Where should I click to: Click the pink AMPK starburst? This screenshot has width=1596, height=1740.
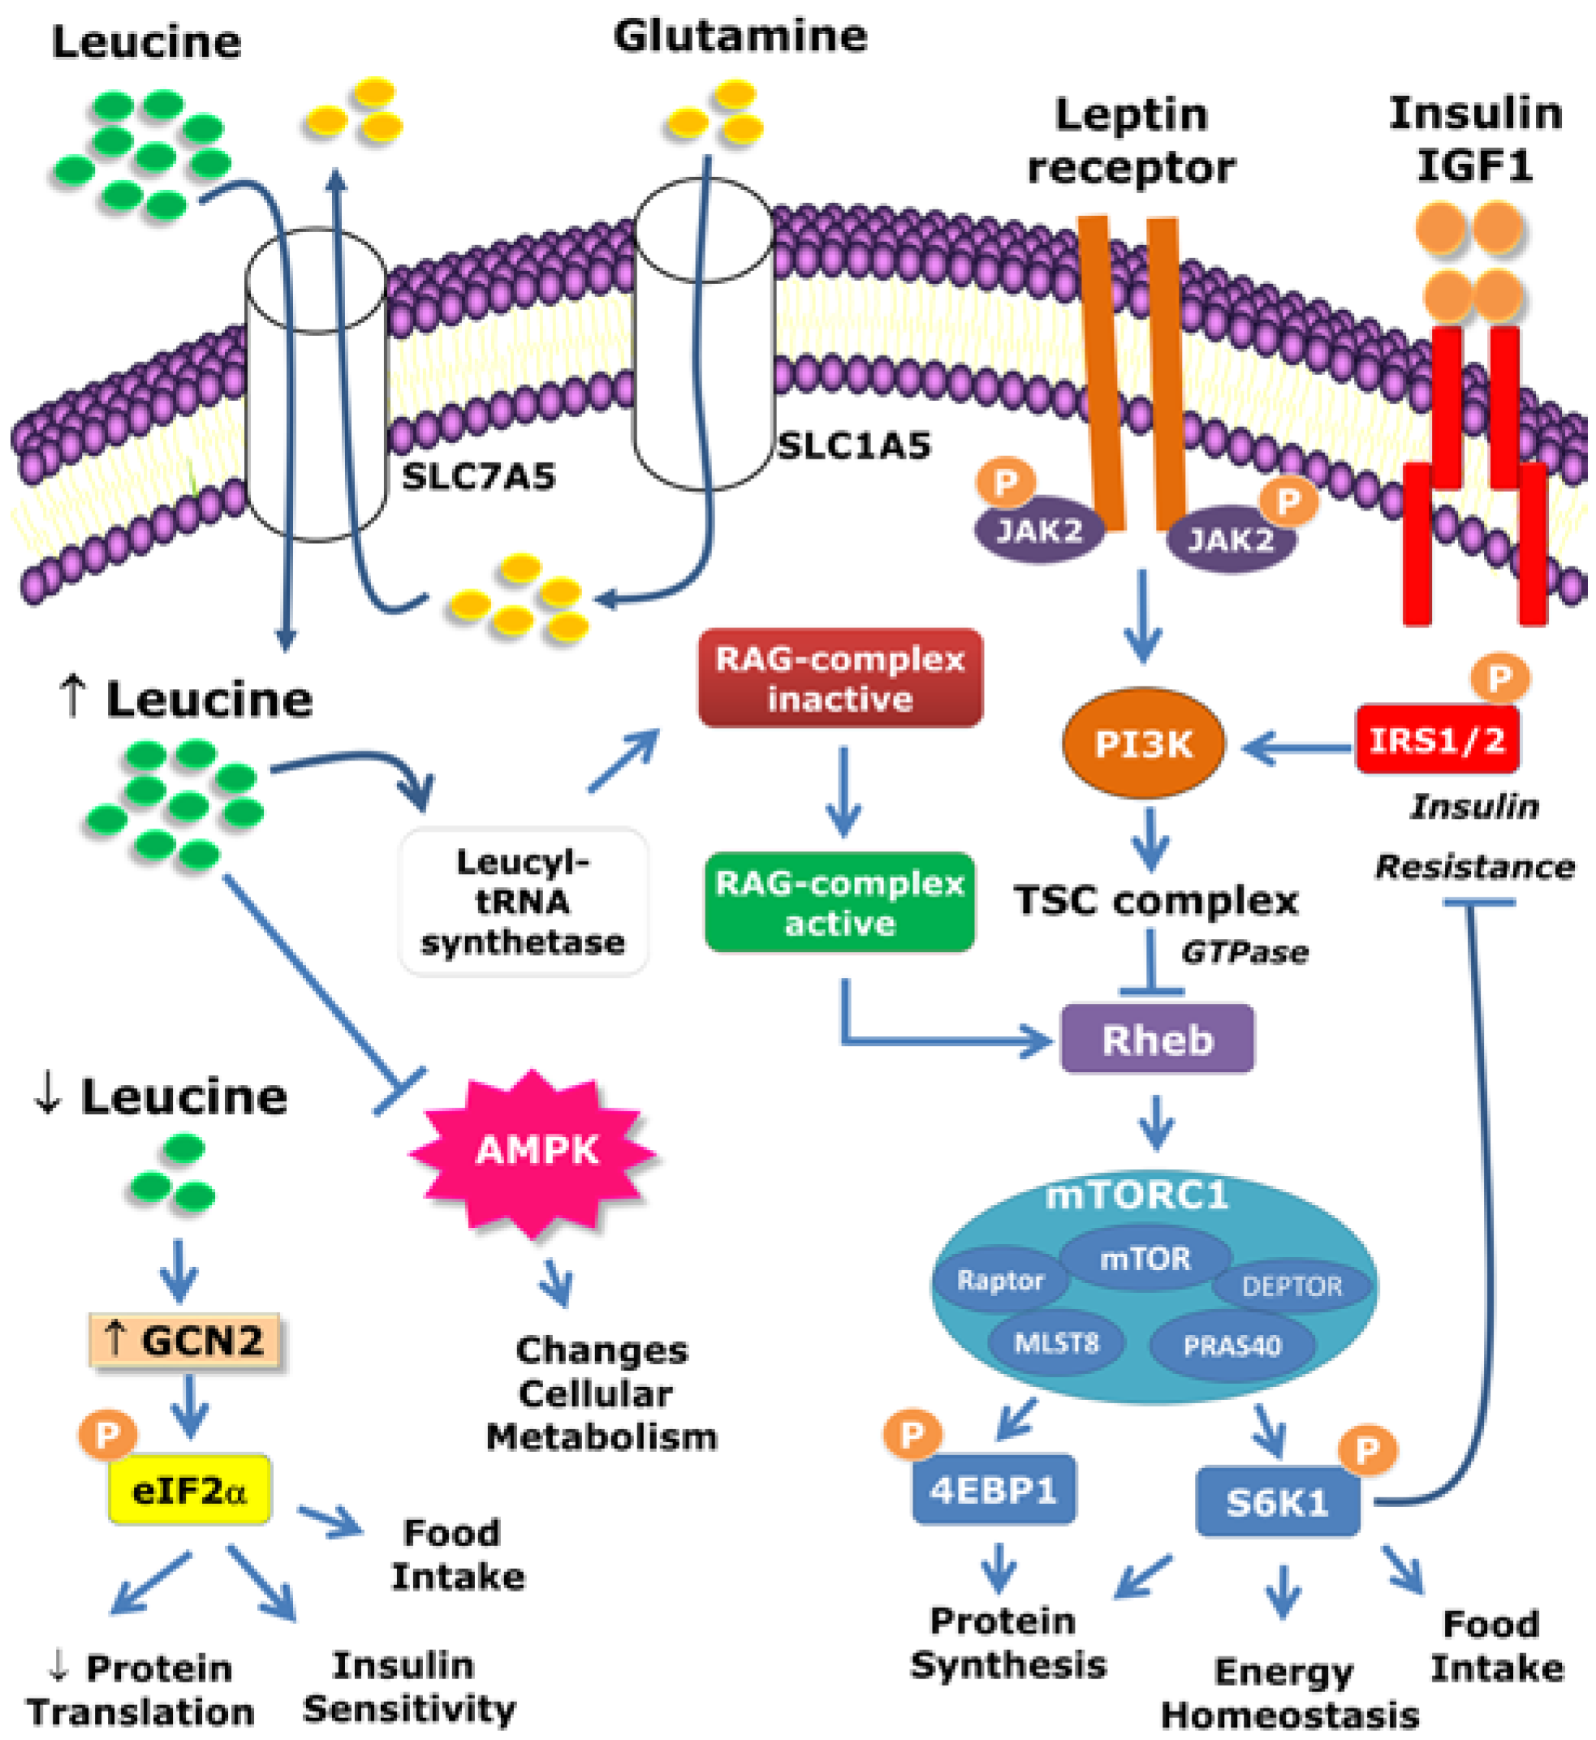(536, 1150)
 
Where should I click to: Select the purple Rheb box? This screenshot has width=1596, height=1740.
(1158, 1040)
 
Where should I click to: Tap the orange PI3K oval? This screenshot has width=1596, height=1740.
(1142, 743)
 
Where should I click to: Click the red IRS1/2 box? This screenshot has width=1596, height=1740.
(1437, 740)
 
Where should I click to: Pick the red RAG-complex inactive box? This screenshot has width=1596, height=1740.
(840, 678)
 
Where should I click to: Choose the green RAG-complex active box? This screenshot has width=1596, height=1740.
(839, 903)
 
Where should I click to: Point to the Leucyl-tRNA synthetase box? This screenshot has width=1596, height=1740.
(524, 902)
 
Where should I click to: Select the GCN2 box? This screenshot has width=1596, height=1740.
(185, 1341)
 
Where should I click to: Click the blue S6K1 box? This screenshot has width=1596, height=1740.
(1277, 1503)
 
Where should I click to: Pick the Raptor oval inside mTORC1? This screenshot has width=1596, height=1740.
(1000, 1281)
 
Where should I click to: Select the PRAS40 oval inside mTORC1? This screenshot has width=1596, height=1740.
(1232, 1346)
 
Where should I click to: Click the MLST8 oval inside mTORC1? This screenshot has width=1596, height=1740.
(1056, 1343)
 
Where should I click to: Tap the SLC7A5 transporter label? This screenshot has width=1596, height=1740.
(479, 476)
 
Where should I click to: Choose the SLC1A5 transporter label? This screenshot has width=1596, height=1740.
(854, 446)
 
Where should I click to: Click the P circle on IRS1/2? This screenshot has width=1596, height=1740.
(1500, 678)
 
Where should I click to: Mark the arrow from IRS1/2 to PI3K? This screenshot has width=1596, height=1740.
(1296, 747)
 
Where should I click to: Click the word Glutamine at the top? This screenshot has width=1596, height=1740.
(740, 37)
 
